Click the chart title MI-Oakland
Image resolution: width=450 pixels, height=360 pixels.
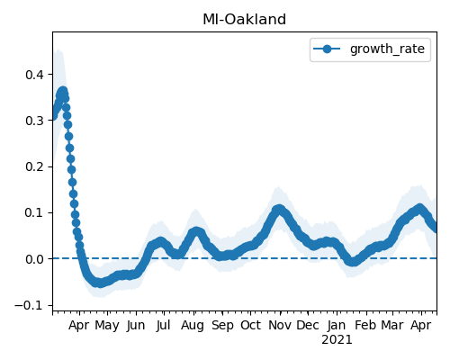click(244, 20)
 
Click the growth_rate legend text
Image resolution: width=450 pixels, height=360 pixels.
click(387, 49)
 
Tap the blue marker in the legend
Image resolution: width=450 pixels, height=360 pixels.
click(327, 49)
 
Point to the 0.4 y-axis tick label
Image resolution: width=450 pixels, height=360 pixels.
click(35, 75)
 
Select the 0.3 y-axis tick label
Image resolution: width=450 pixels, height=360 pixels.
click(35, 121)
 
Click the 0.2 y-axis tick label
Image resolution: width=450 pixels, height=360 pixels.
click(35, 166)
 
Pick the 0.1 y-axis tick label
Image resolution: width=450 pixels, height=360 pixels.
click(35, 213)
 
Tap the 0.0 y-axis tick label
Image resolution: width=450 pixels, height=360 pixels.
click(35, 259)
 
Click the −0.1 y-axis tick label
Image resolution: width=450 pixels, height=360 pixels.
click(30, 305)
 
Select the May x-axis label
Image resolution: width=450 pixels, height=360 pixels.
click(107, 326)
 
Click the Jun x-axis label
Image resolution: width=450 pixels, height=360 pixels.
click(136, 326)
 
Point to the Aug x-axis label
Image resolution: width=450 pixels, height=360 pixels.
click(193, 326)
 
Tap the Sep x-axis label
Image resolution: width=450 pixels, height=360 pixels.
click(222, 326)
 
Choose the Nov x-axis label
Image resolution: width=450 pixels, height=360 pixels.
click(280, 325)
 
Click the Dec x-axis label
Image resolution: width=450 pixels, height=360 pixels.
click(308, 325)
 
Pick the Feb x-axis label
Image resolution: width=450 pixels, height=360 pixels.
click(365, 325)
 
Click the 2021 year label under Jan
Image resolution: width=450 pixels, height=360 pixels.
click(337, 340)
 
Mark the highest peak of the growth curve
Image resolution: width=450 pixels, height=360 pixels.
click(62, 91)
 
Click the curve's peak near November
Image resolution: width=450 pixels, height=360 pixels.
click(279, 210)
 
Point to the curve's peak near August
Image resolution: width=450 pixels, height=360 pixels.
click(196, 231)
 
